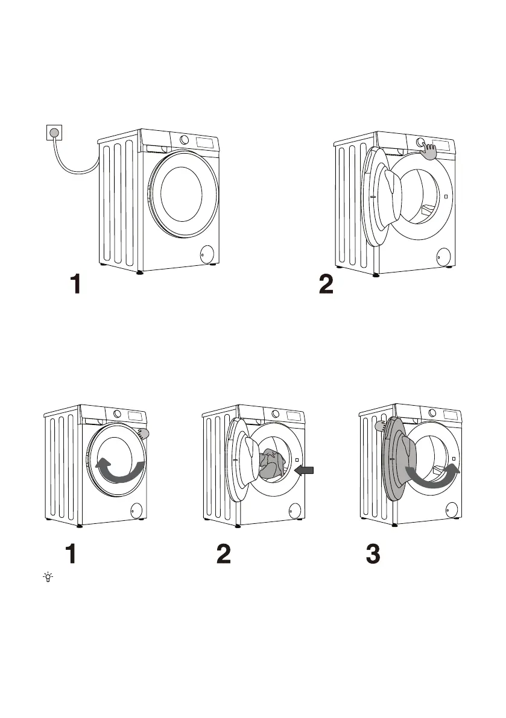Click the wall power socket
tap(54, 133)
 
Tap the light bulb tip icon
tap(48, 577)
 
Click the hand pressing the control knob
tap(429, 151)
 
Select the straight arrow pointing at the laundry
tap(305, 470)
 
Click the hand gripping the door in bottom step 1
tap(142, 433)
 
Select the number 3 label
tap(373, 553)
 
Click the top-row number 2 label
tap(326, 284)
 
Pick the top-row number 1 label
tap(76, 284)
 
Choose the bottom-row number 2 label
tap(224, 553)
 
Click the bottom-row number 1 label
tap(71, 553)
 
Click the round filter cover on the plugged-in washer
tap(207, 254)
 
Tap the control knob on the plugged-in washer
tap(184, 140)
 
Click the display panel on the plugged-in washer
tap(206, 142)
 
